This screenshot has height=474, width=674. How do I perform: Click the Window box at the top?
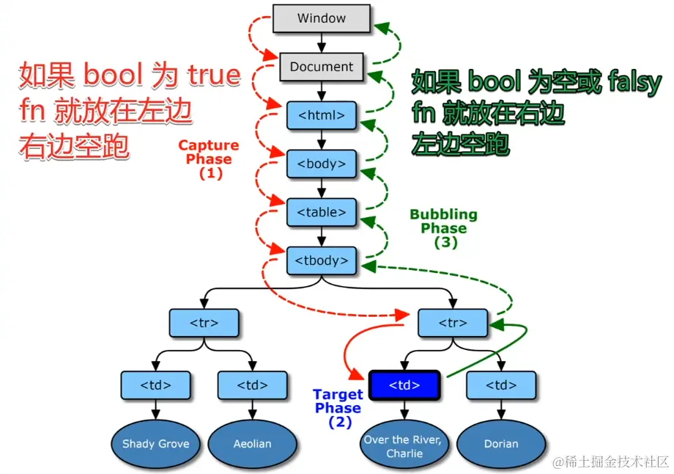(322, 18)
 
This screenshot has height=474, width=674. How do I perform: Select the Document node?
(322, 67)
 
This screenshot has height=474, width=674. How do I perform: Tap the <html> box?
(322, 115)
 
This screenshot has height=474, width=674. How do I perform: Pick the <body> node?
(322, 164)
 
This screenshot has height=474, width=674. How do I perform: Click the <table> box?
(322, 212)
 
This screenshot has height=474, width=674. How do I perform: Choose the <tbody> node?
(322, 260)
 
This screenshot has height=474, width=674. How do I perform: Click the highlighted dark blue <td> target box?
(404, 385)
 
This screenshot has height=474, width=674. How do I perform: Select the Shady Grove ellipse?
(155, 443)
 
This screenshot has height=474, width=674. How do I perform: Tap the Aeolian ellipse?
(252, 443)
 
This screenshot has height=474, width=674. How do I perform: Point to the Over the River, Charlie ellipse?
(404, 446)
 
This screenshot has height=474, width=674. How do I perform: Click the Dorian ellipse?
(501, 443)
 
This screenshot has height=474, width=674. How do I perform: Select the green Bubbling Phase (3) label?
(444, 228)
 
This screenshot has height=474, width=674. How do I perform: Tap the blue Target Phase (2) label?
(338, 409)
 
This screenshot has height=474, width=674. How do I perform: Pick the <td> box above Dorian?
(501, 385)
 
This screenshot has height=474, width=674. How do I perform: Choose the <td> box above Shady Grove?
(155, 385)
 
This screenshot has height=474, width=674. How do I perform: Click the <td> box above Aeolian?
(252, 385)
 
